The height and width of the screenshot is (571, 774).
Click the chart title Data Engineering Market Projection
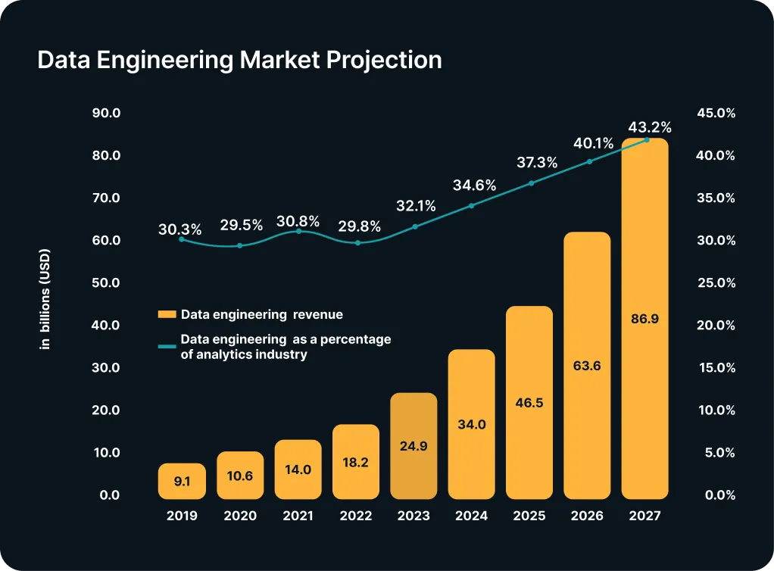(239, 61)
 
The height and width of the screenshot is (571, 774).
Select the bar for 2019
(182, 481)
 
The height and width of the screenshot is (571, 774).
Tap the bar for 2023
(414, 446)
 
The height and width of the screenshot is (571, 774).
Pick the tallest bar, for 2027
(644, 318)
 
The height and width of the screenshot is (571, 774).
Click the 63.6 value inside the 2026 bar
(587, 366)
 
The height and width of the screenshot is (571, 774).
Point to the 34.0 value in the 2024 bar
(471, 425)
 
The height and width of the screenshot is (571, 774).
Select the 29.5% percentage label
(241, 225)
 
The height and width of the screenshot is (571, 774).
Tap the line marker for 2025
(531, 183)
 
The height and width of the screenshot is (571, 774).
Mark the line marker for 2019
(181, 239)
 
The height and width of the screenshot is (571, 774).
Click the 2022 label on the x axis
(356, 516)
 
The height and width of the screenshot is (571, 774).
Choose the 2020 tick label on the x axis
(240, 516)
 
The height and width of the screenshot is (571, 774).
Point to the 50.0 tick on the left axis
(106, 283)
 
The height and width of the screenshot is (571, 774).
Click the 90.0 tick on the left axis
(106, 113)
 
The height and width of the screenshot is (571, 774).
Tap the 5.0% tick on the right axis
(716, 453)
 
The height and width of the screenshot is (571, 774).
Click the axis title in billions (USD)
(45, 300)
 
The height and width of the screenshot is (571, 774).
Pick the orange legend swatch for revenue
(167, 314)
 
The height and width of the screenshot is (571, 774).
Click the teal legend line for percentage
(167, 346)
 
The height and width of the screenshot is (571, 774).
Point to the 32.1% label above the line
(416, 205)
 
